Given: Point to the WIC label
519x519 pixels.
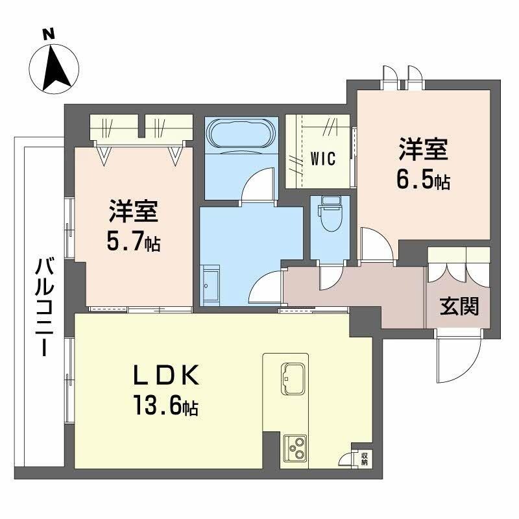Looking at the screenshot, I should click(322, 159).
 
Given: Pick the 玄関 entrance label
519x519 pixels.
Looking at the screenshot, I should click(460, 306).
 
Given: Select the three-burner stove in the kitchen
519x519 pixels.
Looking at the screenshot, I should click(297, 448).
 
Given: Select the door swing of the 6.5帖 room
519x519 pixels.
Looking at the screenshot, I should click(377, 247).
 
